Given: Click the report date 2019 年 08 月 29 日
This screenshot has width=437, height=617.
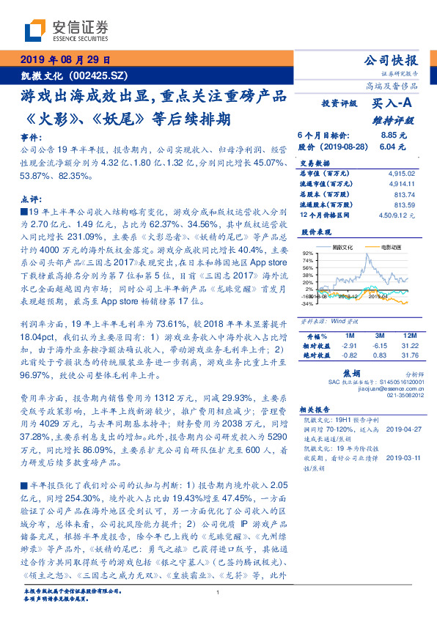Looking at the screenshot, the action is coord(64,60).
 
